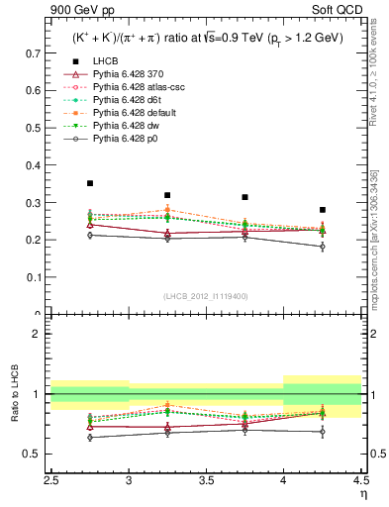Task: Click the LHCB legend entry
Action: [x=105, y=61]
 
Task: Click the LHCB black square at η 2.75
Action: [x=90, y=183]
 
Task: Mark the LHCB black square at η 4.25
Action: [x=322, y=210]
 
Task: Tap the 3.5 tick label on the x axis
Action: [x=206, y=479]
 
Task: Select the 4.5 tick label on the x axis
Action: [x=359, y=479]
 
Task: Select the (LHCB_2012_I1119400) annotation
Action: [x=206, y=296]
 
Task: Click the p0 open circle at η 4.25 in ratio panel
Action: [x=322, y=432]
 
